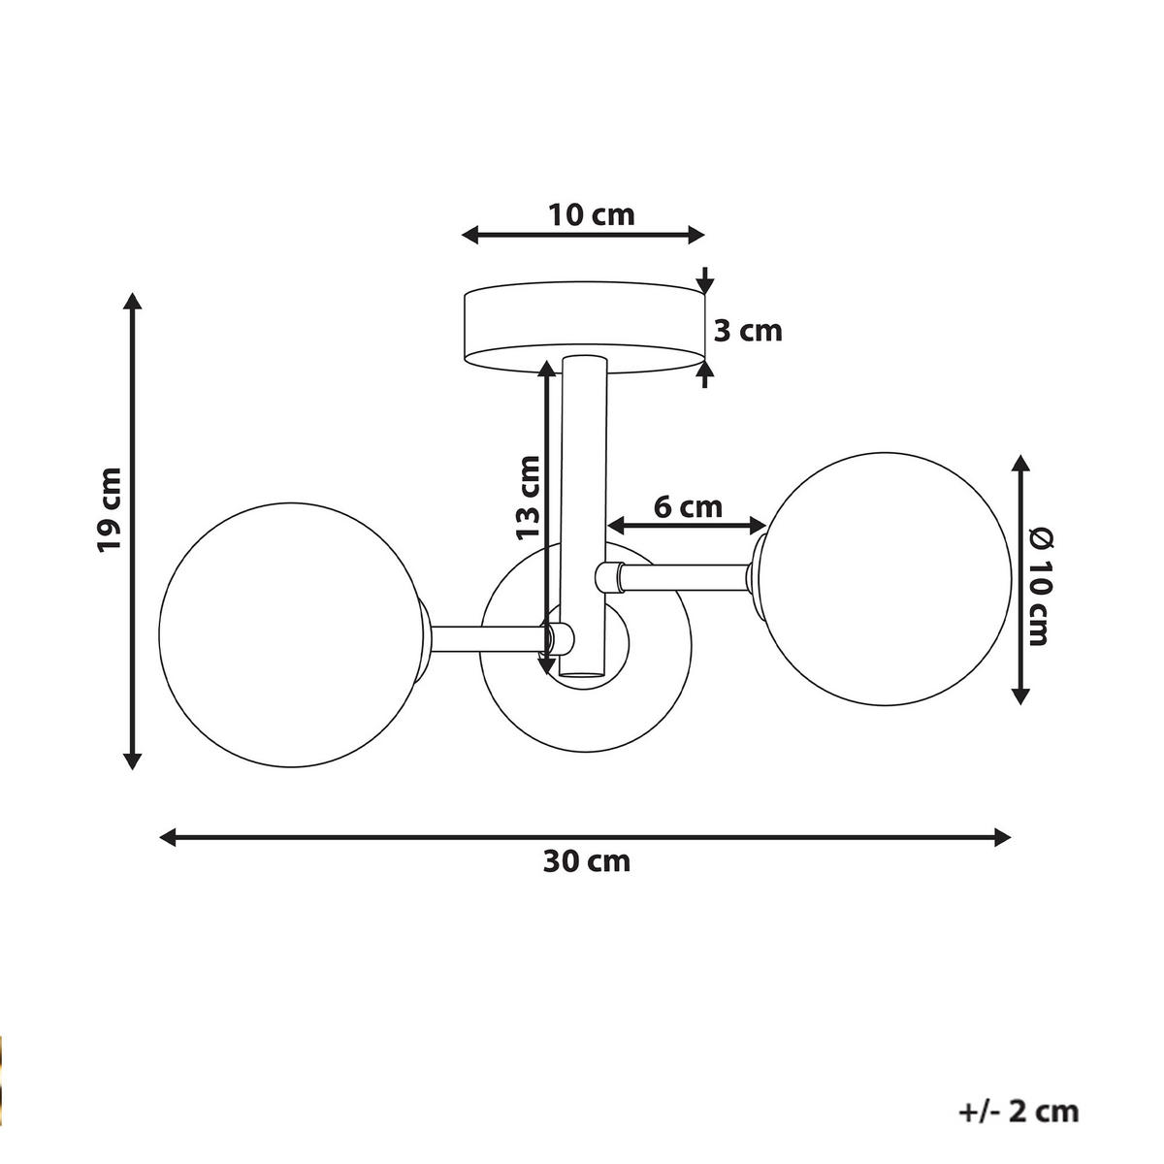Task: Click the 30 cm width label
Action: (586, 861)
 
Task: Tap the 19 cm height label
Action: (110, 510)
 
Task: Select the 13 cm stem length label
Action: (527, 498)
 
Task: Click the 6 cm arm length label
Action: (687, 506)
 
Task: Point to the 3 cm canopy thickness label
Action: (748, 331)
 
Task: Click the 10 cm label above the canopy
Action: (592, 214)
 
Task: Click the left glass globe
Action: (291, 635)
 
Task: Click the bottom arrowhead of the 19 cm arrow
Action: (134, 760)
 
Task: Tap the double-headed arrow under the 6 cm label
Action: (687, 526)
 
